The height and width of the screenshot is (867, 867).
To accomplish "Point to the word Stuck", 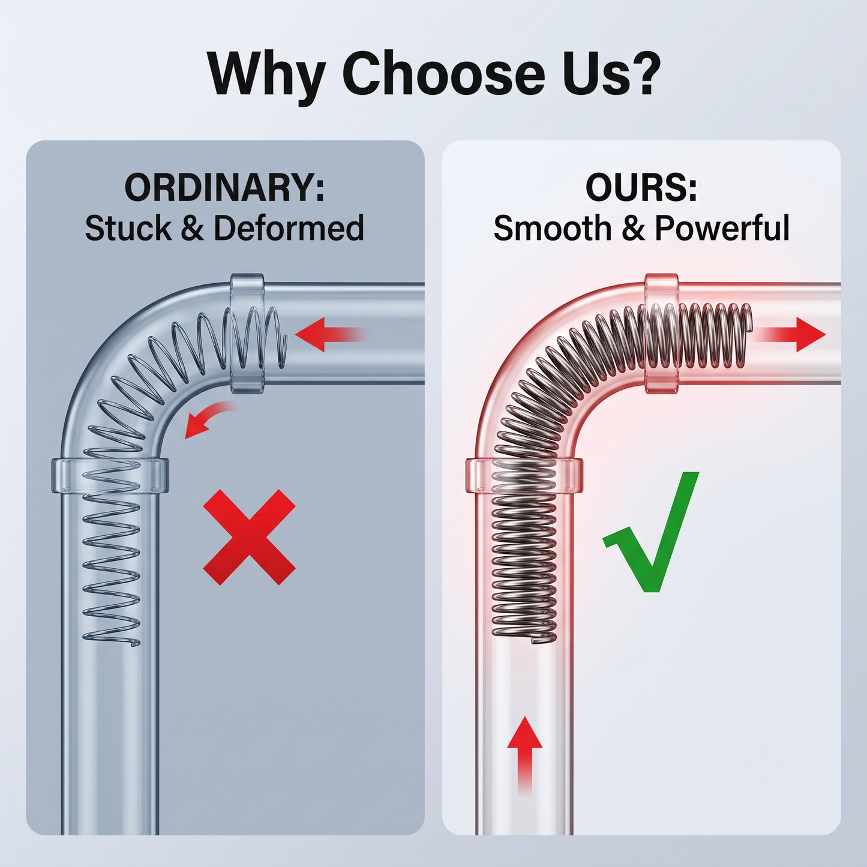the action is [x=128, y=228].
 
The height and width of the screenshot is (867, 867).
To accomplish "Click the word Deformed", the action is [x=289, y=228].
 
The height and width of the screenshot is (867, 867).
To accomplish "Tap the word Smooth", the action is [x=553, y=228].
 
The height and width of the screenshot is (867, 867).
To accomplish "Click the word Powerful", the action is [x=722, y=228].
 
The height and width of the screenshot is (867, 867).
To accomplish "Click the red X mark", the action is [x=249, y=537].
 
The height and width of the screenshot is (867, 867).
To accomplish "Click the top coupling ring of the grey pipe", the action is [x=247, y=333].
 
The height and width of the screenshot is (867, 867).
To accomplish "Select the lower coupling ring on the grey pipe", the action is [x=110, y=476].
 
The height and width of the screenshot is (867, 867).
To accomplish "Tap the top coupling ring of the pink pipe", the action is [x=662, y=333].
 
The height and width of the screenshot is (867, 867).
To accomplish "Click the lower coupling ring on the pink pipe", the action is [x=524, y=476].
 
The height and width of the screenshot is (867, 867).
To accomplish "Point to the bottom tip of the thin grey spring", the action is [x=134, y=645].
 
